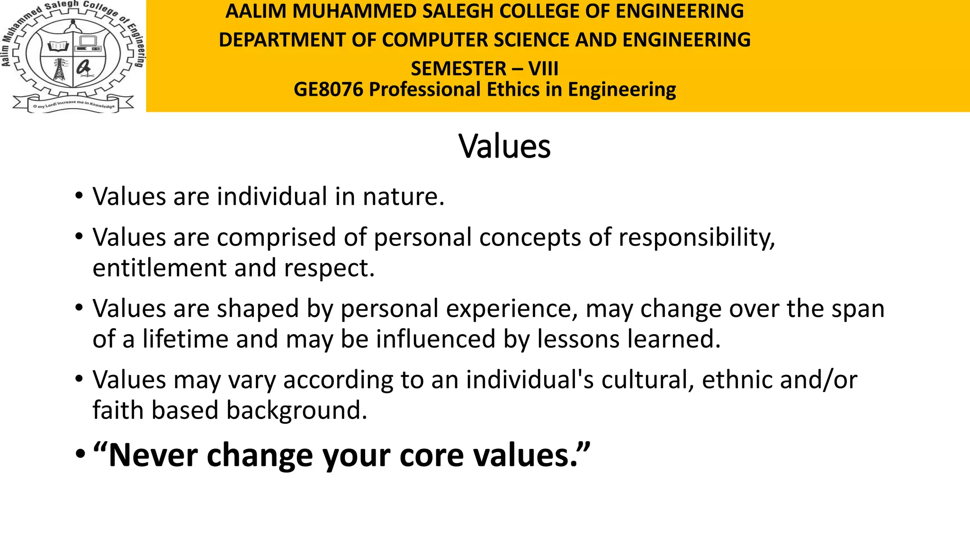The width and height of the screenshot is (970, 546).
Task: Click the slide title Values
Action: pos(504,146)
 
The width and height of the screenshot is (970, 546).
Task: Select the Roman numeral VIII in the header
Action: pos(543,69)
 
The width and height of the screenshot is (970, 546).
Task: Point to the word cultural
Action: pos(647,380)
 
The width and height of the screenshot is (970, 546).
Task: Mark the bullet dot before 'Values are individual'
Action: pos(79,196)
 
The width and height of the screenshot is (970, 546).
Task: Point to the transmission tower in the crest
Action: pos(60,70)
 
